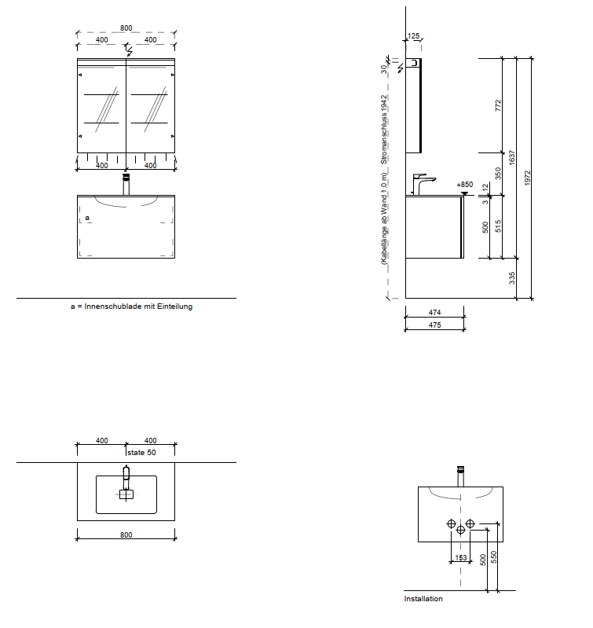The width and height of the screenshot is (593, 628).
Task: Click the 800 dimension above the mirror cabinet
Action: (126, 28)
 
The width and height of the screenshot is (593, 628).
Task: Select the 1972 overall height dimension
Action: (527, 178)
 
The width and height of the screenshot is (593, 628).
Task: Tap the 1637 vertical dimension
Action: (512, 157)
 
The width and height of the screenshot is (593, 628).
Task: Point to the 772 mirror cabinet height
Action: (498, 106)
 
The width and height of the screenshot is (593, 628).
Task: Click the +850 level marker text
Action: (464, 185)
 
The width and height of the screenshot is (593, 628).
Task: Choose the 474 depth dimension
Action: (434, 312)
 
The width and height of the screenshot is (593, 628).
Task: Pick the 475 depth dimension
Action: (434, 325)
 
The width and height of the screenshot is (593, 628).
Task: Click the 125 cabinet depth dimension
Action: (413, 36)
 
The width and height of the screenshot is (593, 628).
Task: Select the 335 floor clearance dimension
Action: (512, 278)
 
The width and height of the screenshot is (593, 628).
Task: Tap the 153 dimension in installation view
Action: (460, 557)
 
